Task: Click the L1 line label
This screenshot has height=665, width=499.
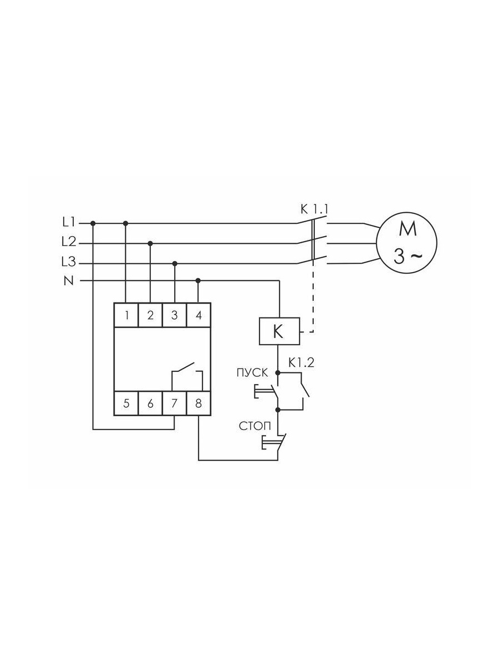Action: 68,223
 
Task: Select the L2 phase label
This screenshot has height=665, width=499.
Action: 69,242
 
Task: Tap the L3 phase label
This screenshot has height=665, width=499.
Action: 68,262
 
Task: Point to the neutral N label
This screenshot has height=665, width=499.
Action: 69,281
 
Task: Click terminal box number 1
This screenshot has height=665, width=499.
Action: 126,315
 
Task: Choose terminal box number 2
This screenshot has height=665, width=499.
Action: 151,315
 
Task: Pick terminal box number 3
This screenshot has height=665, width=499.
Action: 175,315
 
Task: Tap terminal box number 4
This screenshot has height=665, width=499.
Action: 198,315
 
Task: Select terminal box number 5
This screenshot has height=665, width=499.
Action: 126,403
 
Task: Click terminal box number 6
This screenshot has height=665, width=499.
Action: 151,403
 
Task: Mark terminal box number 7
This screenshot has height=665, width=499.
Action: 175,403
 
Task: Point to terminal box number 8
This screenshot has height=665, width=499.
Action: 198,403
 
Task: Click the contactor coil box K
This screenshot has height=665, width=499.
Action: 279,331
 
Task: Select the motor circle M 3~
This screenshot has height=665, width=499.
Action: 406,243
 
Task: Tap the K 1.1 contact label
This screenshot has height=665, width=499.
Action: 314,209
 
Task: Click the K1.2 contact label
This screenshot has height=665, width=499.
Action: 301,363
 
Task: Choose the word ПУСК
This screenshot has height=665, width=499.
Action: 252,373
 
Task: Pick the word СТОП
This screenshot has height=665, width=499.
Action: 255,426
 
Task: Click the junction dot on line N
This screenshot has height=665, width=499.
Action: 198,281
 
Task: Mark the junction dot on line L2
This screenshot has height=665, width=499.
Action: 150,243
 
